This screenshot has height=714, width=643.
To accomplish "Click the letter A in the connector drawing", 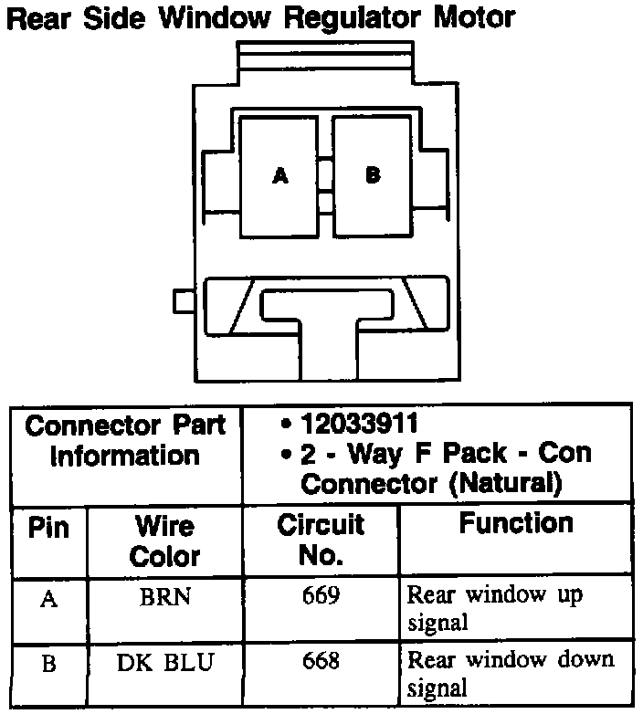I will [280, 176].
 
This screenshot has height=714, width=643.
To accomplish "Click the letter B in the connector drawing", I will [372, 175].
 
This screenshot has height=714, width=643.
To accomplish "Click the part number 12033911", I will [360, 425].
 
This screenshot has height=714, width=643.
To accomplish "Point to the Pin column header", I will [48, 529].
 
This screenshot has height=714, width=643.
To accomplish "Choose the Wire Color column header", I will [164, 541].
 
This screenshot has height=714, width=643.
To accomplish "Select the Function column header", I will [515, 524].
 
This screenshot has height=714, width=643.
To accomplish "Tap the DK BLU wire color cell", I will [165, 662].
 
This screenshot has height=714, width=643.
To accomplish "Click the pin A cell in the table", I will [49, 602].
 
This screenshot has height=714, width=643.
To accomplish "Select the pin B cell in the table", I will [49, 664].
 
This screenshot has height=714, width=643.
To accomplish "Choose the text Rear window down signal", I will [510, 673].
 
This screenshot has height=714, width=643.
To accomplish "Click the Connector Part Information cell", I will [125, 440].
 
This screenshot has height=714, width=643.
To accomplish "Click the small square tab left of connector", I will [183, 299].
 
